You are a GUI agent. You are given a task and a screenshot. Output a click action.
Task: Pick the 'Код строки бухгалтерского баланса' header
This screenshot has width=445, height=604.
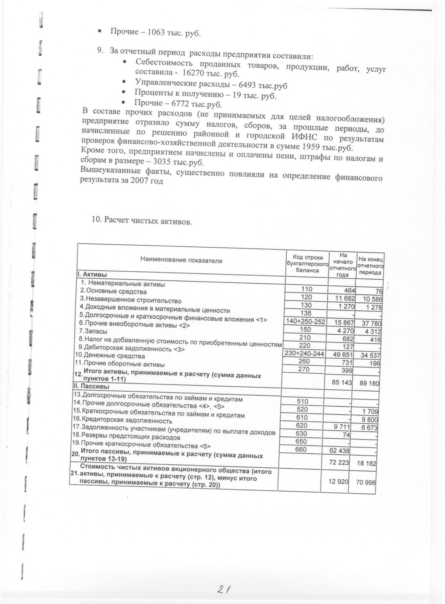pyautogui.click(x=307, y=263)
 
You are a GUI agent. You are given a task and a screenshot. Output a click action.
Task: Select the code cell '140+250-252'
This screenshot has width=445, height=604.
pyautogui.click(x=305, y=321)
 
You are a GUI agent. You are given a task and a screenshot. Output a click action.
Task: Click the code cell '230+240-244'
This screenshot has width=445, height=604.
pyautogui.click(x=305, y=353)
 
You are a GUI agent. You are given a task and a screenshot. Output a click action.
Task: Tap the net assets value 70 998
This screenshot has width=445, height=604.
pyautogui.click(x=366, y=483)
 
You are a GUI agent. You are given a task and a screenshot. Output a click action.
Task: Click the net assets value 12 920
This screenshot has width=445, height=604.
pyautogui.click(x=338, y=481)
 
